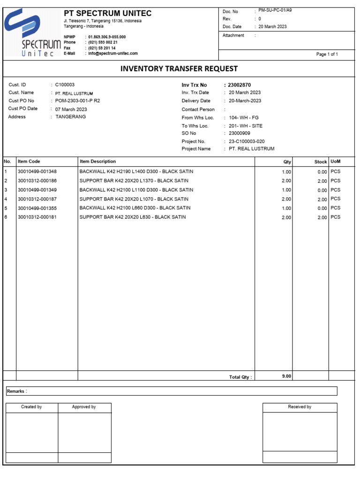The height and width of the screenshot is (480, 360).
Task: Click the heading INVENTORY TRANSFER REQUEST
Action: pyautogui.click(x=179, y=68)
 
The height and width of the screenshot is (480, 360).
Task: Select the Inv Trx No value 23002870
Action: pyautogui.click(x=239, y=85)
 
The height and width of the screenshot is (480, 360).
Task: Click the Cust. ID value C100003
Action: pyautogui.click(x=65, y=85)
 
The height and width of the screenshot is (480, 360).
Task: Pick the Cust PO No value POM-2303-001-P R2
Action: pyautogui.click(x=77, y=101)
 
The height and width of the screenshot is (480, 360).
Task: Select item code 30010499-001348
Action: pyautogui.click(x=37, y=172)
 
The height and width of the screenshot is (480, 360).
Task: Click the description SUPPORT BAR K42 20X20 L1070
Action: pyautogui.click(x=134, y=199)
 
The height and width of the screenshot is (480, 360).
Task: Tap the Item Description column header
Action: pyautogui.click(x=97, y=161)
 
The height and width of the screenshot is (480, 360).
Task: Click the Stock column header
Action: pyautogui.click(x=321, y=162)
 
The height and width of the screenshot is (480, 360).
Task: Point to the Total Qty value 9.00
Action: pyautogui.click(x=286, y=376)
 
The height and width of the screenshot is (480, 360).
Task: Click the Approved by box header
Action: pyautogui.click(x=84, y=407)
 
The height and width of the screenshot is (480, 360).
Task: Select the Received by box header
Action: pyautogui.click(x=300, y=407)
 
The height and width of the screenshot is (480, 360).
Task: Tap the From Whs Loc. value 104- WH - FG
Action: pyautogui.click(x=244, y=118)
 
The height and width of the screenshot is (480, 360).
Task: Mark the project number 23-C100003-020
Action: pyautogui.click(x=247, y=141)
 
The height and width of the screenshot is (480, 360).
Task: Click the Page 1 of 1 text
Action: pyautogui.click(x=327, y=54)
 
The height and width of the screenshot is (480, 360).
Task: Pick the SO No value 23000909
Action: pyautogui.click(x=240, y=133)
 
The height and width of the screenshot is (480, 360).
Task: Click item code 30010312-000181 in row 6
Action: pyautogui.click(x=37, y=217)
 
